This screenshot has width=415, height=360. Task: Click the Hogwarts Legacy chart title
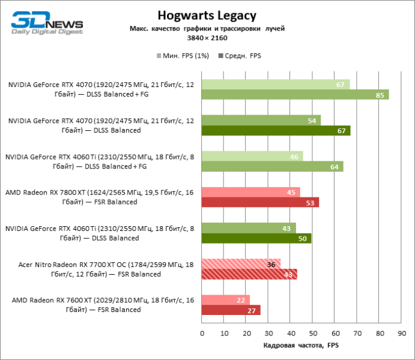tap(207, 15)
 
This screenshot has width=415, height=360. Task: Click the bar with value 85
tap(295, 95)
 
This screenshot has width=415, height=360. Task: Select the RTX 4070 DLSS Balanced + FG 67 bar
tap(275, 85)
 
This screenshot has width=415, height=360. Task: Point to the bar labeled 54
tap(261, 121)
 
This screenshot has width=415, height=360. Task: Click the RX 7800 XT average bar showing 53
tap(260, 202)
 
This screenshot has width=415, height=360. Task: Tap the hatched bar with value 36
tap(241, 264)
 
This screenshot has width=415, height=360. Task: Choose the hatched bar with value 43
tap(249, 274)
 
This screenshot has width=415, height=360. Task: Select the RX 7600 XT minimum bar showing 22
tap(225, 300)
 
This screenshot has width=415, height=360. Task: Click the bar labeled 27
tap(231, 310)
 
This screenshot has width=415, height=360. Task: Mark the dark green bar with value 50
tap(256, 238)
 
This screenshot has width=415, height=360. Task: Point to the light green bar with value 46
tap(252, 157)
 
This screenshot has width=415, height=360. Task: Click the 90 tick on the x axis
tap(401, 332)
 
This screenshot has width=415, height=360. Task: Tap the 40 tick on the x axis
tap(290, 332)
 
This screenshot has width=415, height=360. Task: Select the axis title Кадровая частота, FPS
tap(301, 346)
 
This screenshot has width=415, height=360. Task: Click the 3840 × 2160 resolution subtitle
tap(207, 37)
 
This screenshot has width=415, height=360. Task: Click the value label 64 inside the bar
tap(335, 167)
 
